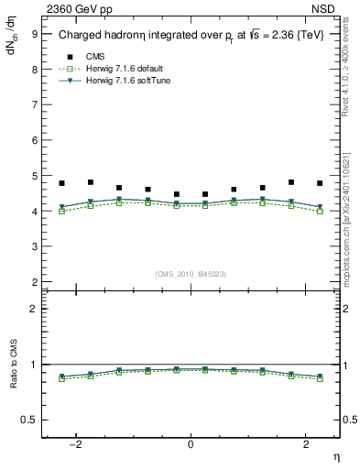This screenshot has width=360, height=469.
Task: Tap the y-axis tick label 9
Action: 34,33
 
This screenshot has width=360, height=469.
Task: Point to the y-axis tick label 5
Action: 34,176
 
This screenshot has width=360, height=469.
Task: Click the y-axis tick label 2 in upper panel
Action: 34,282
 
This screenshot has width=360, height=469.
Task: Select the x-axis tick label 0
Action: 191,443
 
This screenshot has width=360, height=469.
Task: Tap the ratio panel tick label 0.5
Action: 29,420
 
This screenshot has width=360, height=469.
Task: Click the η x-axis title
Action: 335,457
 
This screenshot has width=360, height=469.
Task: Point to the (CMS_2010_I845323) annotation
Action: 191,273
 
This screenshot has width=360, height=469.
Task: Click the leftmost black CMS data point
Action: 61,183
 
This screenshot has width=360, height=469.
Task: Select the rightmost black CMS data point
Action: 320,183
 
